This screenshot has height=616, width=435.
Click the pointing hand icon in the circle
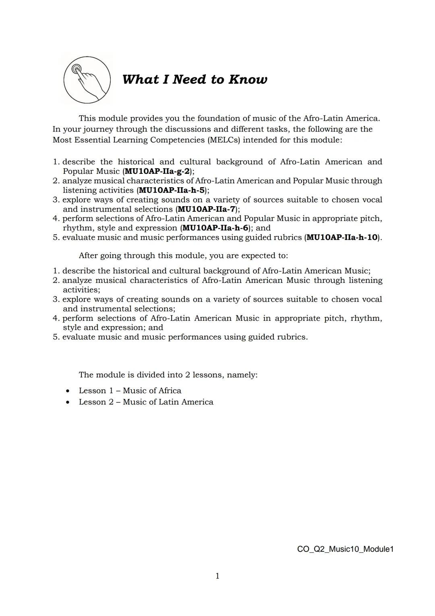(x=87, y=79)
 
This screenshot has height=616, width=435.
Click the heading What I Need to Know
(x=195, y=79)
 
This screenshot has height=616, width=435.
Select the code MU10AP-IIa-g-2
(x=157, y=171)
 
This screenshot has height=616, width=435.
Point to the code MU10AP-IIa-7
(x=206, y=209)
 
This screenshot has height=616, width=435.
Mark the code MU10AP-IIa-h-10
(x=342, y=238)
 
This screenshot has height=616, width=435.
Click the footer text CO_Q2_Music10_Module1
(x=345, y=549)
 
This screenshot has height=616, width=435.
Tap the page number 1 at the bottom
(x=217, y=576)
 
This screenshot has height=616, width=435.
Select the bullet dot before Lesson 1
(x=68, y=391)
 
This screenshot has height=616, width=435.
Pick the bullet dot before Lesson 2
(x=68, y=402)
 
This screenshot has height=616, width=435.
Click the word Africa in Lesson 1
(x=170, y=391)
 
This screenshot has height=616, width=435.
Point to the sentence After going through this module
(x=183, y=256)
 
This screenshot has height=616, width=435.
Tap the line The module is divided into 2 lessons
(x=168, y=375)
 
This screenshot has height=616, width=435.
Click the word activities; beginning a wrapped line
(x=81, y=290)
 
